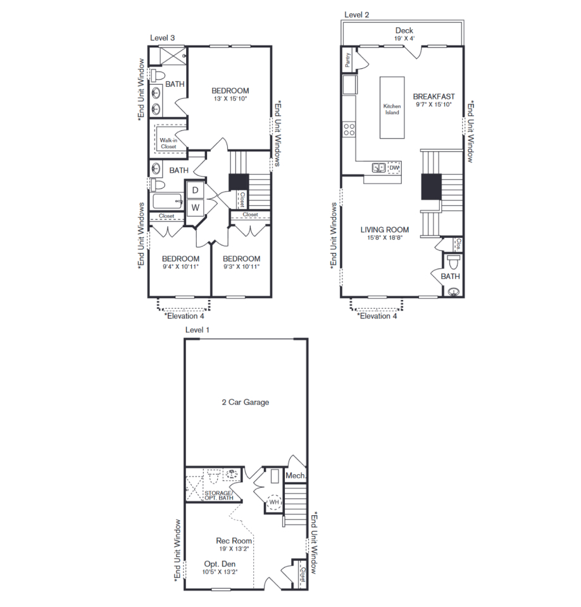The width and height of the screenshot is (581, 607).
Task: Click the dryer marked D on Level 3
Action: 195,190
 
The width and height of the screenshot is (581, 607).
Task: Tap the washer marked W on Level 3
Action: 195,208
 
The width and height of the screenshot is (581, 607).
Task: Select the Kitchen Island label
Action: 392,109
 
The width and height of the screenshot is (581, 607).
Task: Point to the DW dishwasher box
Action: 394,168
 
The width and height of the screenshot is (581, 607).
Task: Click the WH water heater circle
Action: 274,502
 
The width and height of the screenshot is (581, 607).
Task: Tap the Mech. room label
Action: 296,475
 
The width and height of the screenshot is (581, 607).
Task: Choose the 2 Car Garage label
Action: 246,402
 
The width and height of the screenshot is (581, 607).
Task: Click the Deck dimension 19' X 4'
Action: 404,39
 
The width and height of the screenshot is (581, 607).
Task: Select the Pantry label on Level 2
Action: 347,60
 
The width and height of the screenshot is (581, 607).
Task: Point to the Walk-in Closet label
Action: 168,143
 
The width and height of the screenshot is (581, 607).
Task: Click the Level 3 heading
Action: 163,38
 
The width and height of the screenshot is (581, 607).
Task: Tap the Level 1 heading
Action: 197,330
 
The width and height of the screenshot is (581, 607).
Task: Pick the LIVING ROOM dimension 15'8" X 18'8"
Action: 385,238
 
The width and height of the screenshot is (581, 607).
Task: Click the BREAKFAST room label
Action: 434,96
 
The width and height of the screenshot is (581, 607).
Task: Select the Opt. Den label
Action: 220,564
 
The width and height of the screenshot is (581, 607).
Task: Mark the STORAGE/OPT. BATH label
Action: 219,496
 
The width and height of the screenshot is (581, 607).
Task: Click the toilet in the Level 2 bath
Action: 453,261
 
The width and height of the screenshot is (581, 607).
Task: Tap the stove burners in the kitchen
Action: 349,129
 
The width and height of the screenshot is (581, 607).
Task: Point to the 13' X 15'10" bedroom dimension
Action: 230,99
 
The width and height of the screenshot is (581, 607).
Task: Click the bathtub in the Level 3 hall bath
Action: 168,201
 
